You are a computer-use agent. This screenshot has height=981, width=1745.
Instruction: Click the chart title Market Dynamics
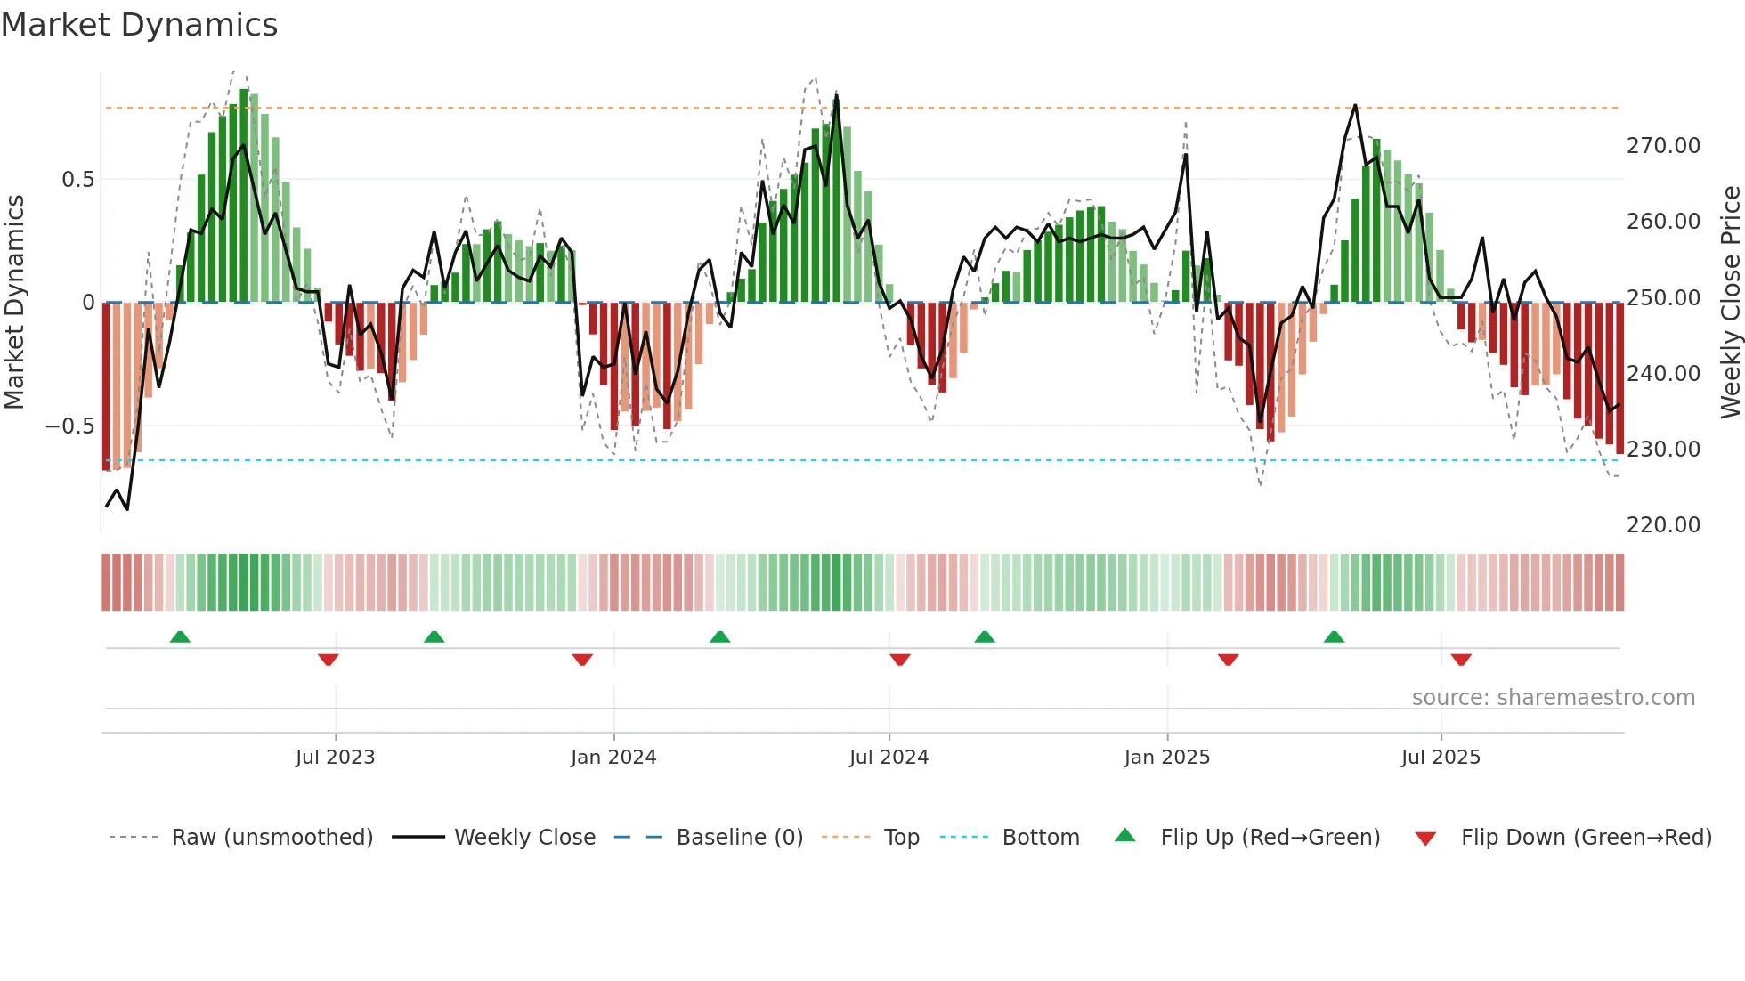point(139,25)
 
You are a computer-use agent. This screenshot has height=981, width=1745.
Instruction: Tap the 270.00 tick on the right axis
point(1662,146)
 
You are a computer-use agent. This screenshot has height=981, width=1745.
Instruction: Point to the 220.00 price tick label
point(1662,525)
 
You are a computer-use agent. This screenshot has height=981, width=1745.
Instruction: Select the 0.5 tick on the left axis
point(77,180)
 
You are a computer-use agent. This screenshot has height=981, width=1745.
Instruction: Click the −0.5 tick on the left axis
point(69,426)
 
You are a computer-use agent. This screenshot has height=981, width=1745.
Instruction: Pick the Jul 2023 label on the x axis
point(335,758)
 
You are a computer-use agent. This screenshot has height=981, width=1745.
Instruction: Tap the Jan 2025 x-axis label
point(1166,758)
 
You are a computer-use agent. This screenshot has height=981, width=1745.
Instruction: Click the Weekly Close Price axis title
point(1730,302)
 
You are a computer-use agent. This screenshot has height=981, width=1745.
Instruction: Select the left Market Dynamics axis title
point(14,302)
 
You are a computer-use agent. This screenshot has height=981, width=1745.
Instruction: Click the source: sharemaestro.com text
point(1553,698)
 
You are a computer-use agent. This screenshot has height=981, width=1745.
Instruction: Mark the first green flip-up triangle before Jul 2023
point(180,636)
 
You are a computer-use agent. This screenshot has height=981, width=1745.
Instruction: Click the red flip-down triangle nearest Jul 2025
point(1461,660)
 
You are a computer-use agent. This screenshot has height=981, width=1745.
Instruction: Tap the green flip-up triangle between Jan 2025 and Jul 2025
point(1334,636)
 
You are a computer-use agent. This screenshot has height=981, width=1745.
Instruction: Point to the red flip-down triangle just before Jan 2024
point(582,660)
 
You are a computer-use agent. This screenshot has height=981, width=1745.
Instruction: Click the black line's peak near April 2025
point(1355,105)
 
